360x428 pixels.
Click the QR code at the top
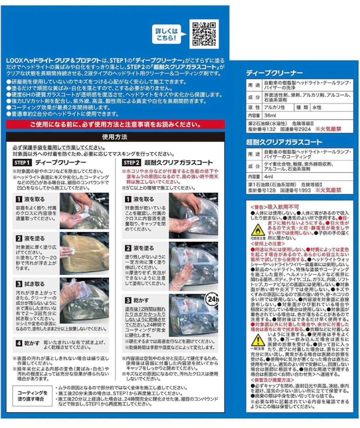(204, 34)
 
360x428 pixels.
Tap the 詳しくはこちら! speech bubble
(166, 34)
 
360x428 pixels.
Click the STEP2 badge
(131, 163)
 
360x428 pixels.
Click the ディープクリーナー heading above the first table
(274, 73)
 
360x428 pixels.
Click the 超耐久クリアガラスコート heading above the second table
(284, 142)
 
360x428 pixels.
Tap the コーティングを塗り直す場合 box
(32, 396)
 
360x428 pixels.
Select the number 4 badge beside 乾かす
(19, 343)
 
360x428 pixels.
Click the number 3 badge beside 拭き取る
(19, 284)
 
